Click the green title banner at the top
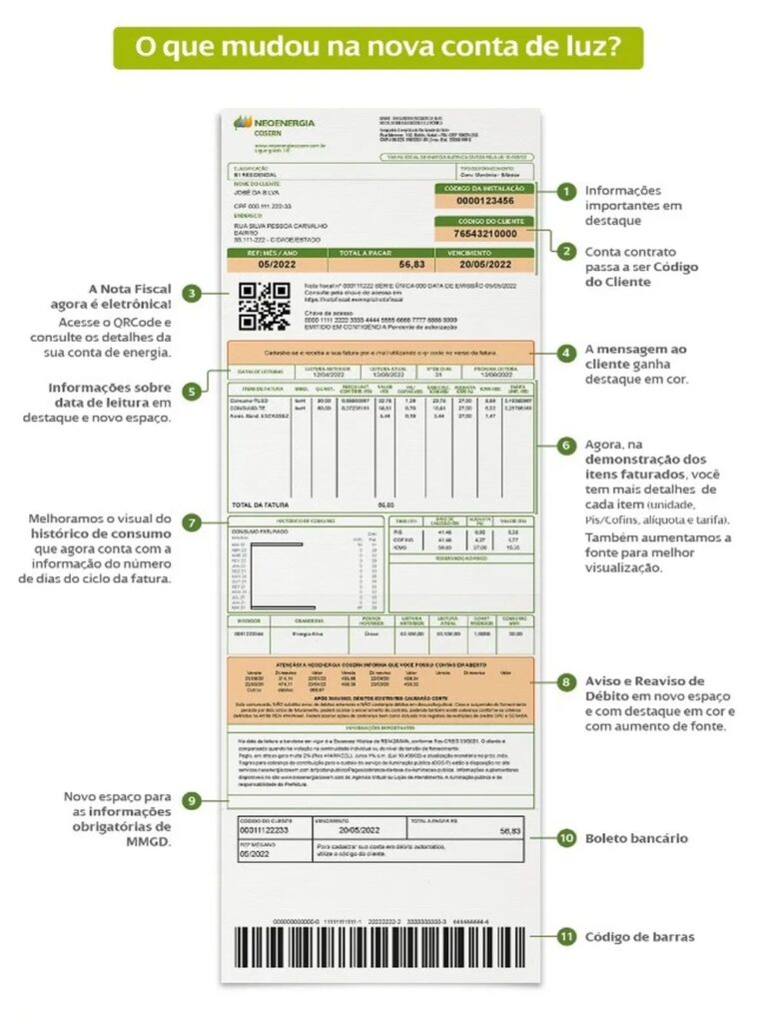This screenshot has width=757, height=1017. pyautogui.click(x=378, y=48)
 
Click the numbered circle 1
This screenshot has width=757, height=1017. pyautogui.click(x=565, y=190)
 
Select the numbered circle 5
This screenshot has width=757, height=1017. pyautogui.click(x=191, y=391)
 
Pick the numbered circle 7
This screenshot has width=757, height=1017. pyautogui.click(x=191, y=521)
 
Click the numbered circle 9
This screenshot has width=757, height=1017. pyautogui.click(x=191, y=800)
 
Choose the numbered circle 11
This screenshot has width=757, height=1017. pyautogui.click(x=565, y=936)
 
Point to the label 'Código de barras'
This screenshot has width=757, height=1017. pyautogui.click(x=639, y=936)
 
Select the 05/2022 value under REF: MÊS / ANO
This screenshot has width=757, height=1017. pyautogui.click(x=280, y=264)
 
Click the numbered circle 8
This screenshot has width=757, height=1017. pyautogui.click(x=565, y=682)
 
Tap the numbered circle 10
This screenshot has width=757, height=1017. pyautogui.click(x=565, y=838)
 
